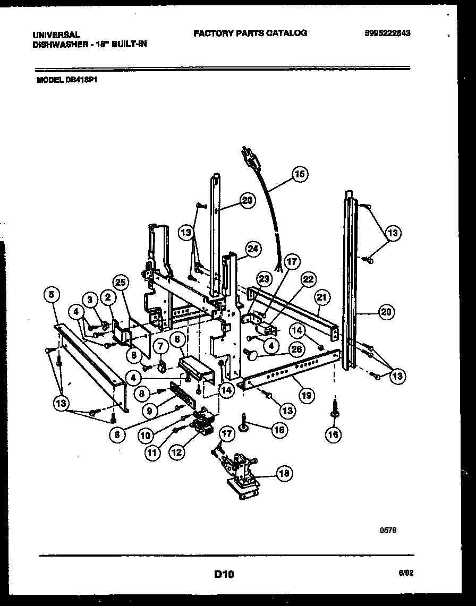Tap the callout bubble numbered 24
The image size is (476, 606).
tap(253, 249)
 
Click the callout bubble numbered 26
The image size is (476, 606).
tap(296, 349)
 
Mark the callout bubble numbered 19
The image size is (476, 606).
tap(307, 395)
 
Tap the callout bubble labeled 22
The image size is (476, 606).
tap(309, 279)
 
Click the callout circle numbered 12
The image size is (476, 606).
tap(177, 453)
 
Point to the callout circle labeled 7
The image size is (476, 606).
tap(160, 347)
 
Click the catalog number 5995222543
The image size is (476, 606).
tap(388, 33)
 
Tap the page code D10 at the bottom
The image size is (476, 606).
tap(224, 574)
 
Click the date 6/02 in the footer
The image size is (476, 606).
tap(406, 573)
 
